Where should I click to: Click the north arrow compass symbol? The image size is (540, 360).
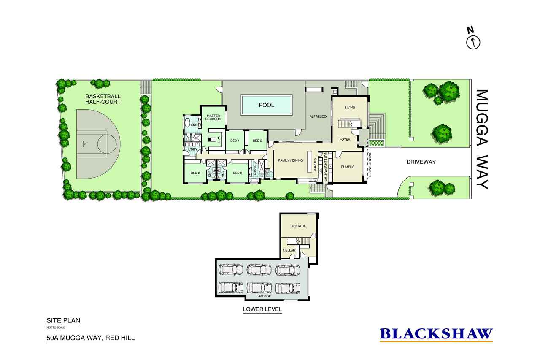[x=473, y=41]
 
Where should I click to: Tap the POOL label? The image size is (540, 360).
[x=266, y=105]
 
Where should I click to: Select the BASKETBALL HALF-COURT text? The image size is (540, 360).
[x=103, y=99]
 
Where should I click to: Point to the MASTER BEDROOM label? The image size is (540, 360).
[x=213, y=117]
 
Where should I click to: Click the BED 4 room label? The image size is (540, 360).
[x=235, y=141]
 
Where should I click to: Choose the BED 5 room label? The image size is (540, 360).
[x=257, y=141]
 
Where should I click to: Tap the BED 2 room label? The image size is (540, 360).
[x=195, y=173]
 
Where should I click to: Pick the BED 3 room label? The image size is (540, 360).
[x=238, y=173]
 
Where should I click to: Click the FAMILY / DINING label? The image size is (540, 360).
[x=290, y=160]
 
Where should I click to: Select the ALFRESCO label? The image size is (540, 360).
[x=319, y=116]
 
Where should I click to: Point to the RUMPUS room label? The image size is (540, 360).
[x=348, y=167]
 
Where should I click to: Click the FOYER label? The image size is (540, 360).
[x=345, y=139]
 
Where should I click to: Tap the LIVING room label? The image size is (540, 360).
[x=350, y=108]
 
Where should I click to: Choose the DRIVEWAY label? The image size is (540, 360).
[x=421, y=162]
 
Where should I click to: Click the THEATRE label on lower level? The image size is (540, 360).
[x=298, y=226]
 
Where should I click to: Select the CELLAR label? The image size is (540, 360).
[x=289, y=250]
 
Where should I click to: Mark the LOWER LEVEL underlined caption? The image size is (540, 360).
[x=262, y=309]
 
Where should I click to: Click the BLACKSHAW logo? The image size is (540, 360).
[x=436, y=334]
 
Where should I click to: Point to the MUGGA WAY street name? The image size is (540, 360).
[x=482, y=139]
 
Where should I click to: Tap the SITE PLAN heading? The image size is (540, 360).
[x=63, y=320]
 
